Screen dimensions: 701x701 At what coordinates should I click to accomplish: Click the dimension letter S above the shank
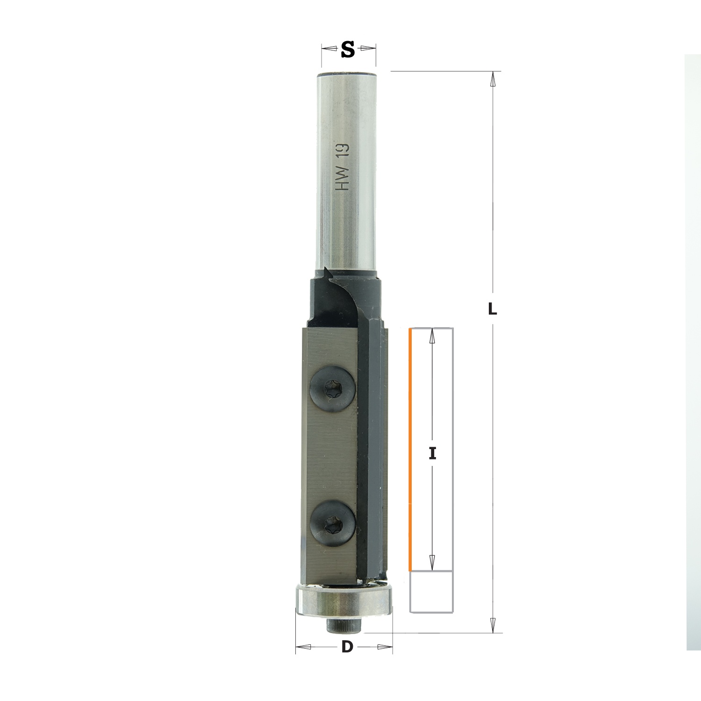click(348, 49)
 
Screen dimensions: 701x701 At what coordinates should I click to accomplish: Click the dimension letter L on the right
click(492, 309)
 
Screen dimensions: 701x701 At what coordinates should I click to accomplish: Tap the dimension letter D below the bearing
click(347, 647)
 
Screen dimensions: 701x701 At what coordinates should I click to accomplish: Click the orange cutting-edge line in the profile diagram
click(410, 450)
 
